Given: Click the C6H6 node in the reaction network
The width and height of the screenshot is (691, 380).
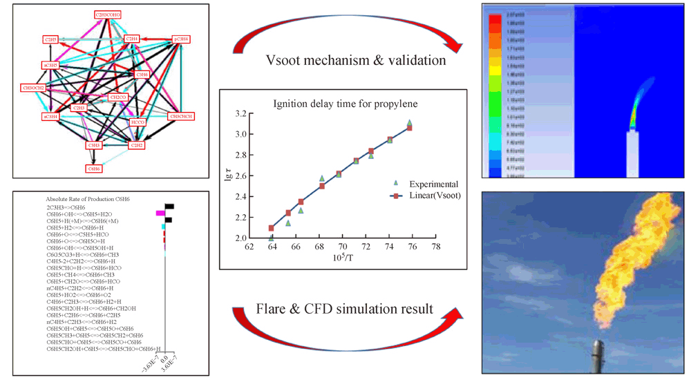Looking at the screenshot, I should point(94,168).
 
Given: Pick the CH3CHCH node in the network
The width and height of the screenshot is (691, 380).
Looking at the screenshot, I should point(182,116).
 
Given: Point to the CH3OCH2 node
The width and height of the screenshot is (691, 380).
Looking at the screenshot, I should point(34,88).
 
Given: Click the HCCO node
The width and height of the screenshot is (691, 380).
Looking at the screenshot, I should point(146,121).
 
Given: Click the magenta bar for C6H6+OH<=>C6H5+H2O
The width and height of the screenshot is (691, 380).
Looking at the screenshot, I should point(160,213).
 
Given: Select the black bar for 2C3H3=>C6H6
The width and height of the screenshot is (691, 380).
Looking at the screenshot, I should point(169,206).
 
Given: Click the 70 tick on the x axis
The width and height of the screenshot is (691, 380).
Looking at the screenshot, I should point(342,245).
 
